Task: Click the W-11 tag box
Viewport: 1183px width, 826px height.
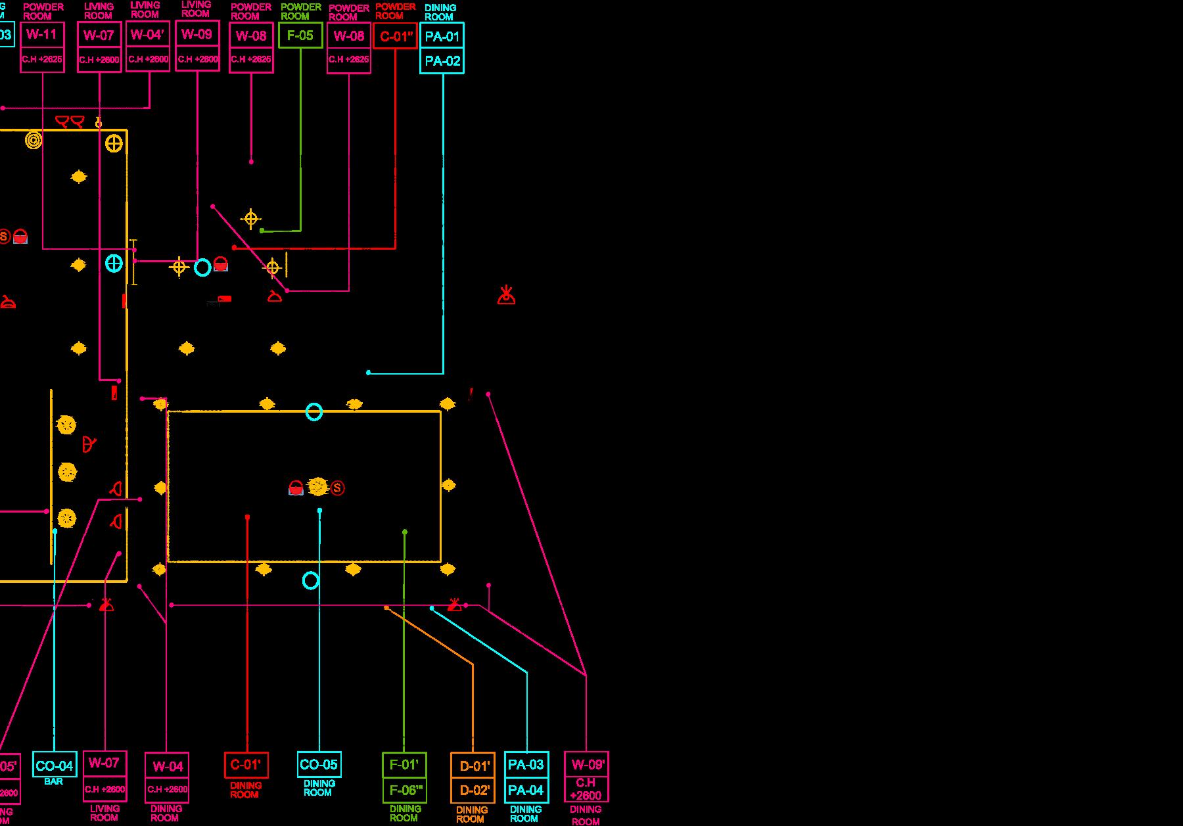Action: [x=42, y=34]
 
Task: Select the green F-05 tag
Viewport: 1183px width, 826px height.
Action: [x=300, y=35]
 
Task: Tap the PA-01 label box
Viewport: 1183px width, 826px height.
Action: [x=442, y=36]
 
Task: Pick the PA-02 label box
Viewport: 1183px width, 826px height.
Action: [x=442, y=61]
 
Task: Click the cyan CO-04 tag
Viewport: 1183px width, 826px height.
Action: [x=55, y=766]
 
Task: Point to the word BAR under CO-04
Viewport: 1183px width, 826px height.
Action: [x=54, y=781]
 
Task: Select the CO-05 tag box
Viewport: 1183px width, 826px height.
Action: [x=319, y=764]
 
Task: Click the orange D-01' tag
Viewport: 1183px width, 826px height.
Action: [x=473, y=766]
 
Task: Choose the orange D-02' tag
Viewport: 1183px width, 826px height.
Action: [x=473, y=790]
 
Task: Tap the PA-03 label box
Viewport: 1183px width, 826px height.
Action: [x=526, y=764]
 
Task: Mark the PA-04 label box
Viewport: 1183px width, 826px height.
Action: [x=526, y=790]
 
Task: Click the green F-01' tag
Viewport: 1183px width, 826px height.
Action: [x=404, y=765]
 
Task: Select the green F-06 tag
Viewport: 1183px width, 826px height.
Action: [x=404, y=790]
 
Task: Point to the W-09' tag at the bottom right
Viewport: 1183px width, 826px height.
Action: [x=586, y=764]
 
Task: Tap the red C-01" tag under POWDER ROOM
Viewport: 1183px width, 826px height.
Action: [x=395, y=36]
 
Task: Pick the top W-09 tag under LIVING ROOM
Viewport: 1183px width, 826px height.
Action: [x=197, y=34]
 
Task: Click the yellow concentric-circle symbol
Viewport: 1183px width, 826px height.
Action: [x=34, y=140]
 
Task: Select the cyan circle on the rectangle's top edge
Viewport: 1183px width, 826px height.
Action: [x=314, y=412]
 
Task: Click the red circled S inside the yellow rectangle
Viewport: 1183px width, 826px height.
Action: [x=337, y=488]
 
